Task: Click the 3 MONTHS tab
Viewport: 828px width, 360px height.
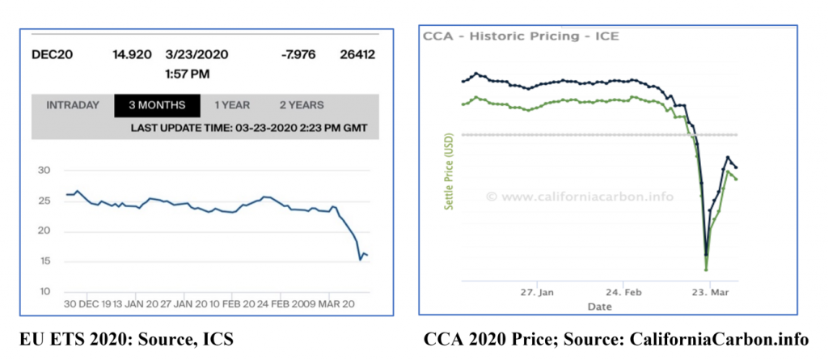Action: click(150, 105)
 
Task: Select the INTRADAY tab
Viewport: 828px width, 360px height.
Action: click(73, 105)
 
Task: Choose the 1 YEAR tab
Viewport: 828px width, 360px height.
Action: click(232, 105)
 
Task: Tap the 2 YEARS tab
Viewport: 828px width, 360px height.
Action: click(302, 105)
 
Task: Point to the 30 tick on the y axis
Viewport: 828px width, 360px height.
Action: click(45, 171)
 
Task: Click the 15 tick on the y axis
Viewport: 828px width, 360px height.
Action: click(45, 261)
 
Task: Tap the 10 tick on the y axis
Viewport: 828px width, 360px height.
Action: click(45, 292)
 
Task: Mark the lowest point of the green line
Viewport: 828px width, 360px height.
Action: click(706, 269)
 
